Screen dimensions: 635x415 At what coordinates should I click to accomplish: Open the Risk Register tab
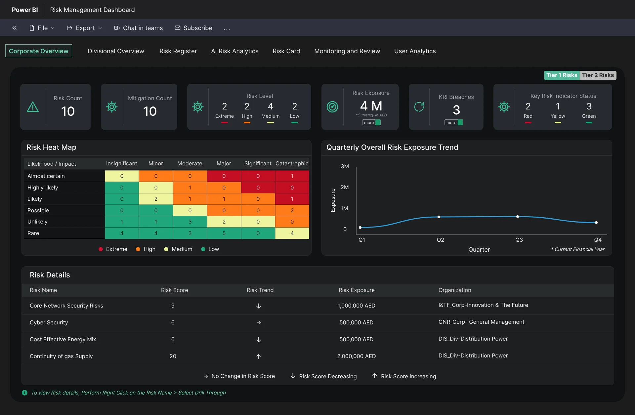coord(178,51)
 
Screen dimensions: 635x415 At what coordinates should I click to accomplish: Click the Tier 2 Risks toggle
coord(598,75)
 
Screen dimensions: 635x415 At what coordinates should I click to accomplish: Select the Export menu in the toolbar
coord(84,28)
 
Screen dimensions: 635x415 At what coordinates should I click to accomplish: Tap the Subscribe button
coord(193,28)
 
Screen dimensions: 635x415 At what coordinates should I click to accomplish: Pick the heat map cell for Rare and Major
coord(224,233)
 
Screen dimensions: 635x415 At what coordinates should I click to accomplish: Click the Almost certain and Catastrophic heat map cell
coord(292,176)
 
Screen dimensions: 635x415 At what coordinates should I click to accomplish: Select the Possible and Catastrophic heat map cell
coord(292,210)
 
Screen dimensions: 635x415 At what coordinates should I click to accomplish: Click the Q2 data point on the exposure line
coord(439,217)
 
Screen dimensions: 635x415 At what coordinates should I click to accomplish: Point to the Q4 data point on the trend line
coord(596,223)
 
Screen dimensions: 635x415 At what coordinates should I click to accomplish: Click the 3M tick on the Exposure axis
coord(345,166)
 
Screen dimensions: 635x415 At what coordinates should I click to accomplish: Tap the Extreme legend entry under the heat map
coord(113,249)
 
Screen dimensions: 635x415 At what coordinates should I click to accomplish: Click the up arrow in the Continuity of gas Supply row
coord(259,356)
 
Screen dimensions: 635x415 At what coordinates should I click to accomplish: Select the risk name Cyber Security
coord(49,322)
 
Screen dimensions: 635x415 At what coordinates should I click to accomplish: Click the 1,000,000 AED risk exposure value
coord(356,306)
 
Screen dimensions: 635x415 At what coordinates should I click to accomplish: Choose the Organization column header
coord(455,290)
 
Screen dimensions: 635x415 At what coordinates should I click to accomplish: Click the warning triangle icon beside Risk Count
coord(33,107)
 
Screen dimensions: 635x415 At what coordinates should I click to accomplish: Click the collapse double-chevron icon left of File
coord(15,28)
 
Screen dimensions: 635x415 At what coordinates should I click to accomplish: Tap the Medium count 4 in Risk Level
coord(270,106)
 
